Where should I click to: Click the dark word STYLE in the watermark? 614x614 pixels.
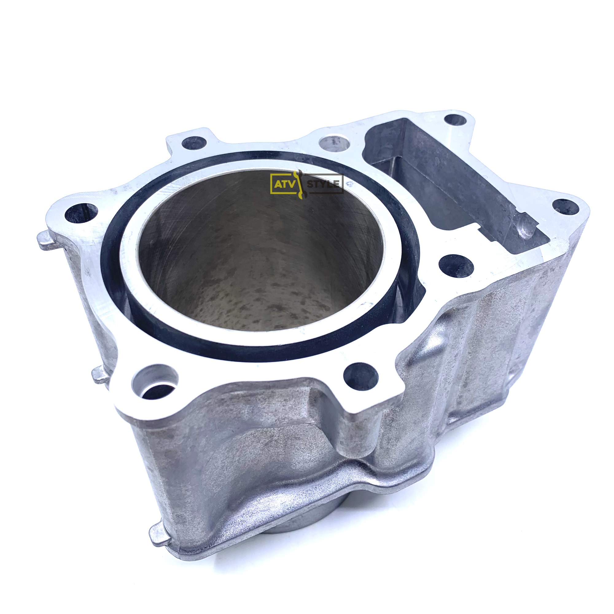(324, 184)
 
